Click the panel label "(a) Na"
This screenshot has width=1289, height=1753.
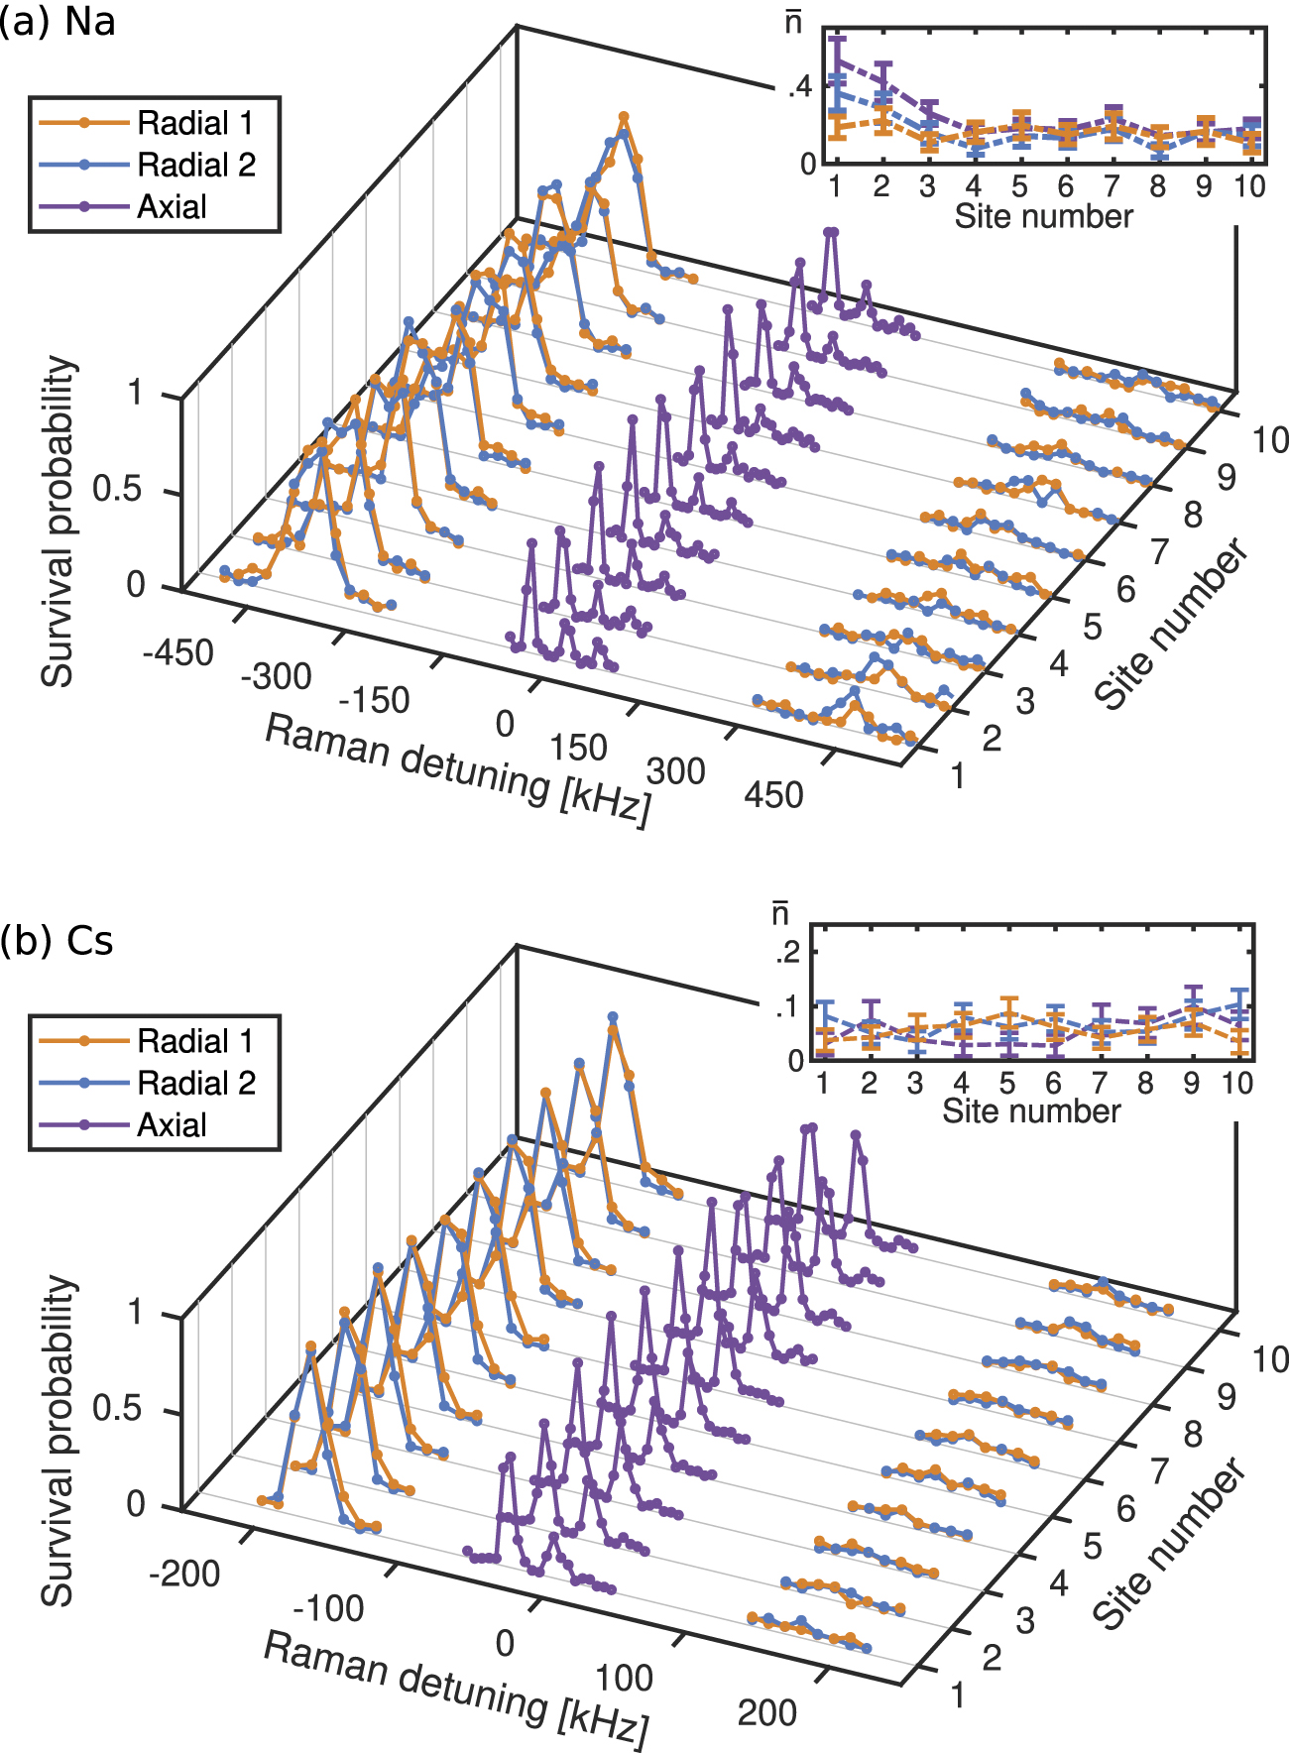point(57,22)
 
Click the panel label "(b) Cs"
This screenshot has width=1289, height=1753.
point(57,940)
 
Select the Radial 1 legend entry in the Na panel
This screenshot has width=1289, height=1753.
point(194,123)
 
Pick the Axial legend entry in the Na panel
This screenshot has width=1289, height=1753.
point(172,206)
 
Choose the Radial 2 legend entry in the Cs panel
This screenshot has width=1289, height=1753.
point(195,1083)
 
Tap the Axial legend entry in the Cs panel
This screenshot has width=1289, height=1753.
point(172,1124)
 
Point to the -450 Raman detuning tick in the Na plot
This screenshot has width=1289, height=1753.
point(178,652)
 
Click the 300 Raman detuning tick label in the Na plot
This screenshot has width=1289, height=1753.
point(675,770)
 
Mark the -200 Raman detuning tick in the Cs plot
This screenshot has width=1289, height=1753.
point(184,1573)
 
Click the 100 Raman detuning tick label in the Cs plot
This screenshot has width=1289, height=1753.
point(624,1678)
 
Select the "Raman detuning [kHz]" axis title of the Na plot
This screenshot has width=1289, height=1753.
point(458,769)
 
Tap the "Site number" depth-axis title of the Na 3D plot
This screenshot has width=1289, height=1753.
point(1172,624)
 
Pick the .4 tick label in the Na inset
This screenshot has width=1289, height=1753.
point(799,87)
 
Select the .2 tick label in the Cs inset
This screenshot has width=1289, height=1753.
point(787,953)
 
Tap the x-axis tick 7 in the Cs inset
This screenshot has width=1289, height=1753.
point(1100,1083)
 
